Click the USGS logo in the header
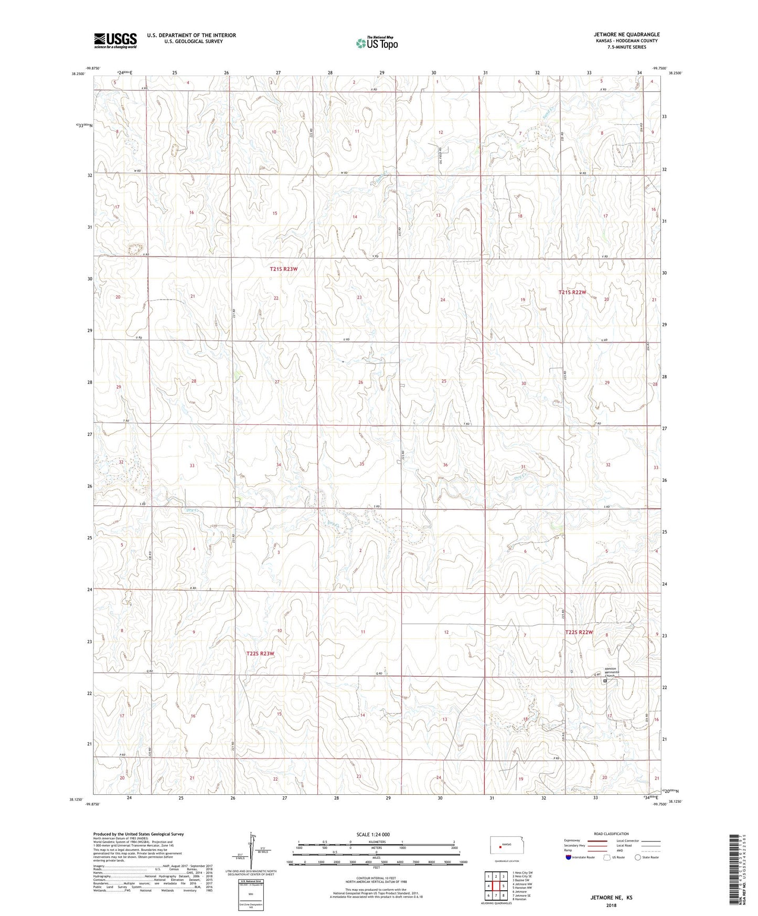(115, 40)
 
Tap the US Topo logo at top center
(377, 42)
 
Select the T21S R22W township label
(572, 292)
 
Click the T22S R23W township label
(260, 654)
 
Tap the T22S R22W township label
(579, 632)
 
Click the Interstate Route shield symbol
(569, 857)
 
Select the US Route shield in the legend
(607, 857)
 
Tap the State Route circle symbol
(638, 857)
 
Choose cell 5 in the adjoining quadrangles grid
(503, 886)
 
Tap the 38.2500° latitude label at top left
(78, 73)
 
